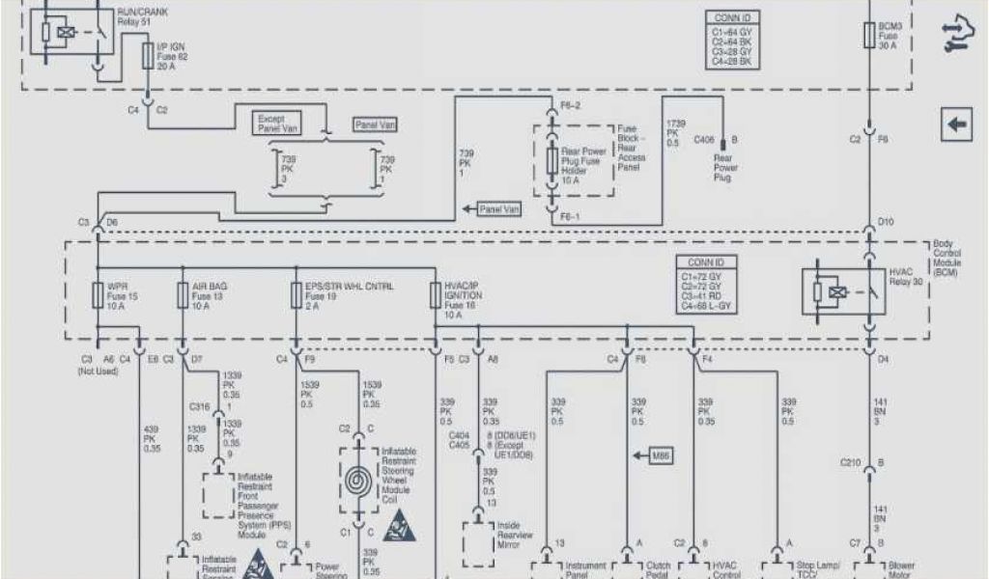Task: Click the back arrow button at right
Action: [957, 124]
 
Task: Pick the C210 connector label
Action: [849, 461]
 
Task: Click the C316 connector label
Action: [200, 408]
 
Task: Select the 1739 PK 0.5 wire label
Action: [675, 131]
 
